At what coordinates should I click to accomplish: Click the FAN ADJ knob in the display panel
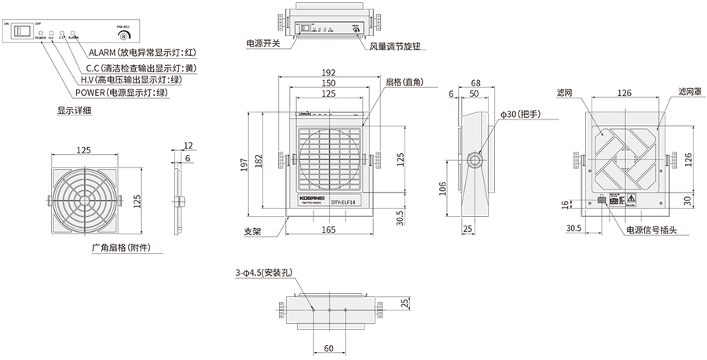[x=122, y=35]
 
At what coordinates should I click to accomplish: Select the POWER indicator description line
[x=122, y=93]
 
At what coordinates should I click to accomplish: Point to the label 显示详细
[x=74, y=111]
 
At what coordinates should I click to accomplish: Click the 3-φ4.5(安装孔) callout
[x=262, y=274]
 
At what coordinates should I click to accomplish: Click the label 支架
[x=252, y=233]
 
